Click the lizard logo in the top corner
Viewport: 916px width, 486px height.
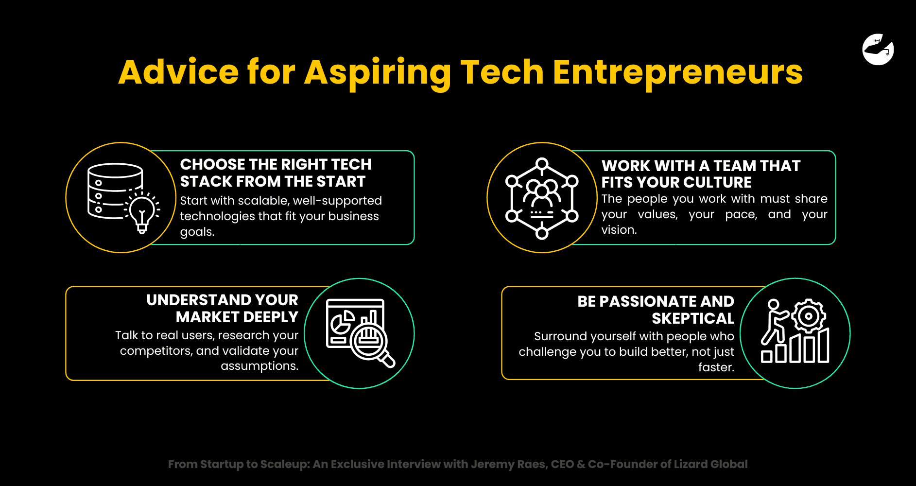[878, 49]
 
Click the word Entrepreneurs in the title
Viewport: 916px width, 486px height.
[677, 72]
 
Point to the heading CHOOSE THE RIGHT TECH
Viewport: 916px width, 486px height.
[276, 164]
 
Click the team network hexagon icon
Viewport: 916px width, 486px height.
[542, 198]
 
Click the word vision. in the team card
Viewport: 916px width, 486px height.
[619, 230]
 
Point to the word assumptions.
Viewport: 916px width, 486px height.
[259, 366]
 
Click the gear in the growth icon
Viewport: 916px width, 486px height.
[809, 316]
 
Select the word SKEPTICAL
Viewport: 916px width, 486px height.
[692, 318]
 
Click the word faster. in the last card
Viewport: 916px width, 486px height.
[716, 367]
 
